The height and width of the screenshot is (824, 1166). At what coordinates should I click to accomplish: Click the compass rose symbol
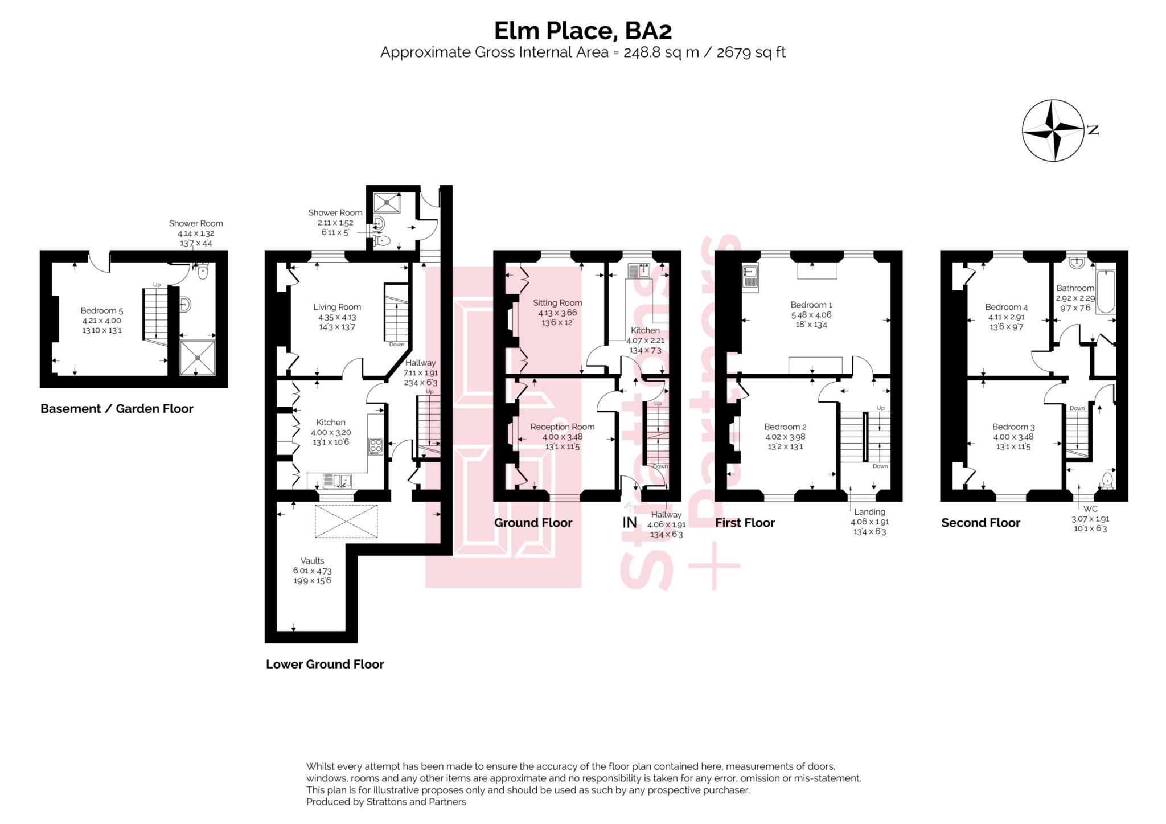1052,130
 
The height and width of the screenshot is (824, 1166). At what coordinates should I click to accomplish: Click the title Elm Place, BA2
582,31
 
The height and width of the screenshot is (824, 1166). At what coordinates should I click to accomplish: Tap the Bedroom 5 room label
101,310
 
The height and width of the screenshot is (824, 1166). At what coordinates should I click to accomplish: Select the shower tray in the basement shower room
198,358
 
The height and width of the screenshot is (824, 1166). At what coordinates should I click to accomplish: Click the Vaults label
312,560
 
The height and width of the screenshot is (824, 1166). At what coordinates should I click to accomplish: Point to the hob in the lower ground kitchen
375,446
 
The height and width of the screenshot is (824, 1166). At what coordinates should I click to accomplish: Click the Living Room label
337,307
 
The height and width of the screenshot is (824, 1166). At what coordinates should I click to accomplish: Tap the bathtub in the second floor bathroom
1105,292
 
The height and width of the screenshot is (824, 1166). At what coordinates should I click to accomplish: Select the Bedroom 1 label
811,305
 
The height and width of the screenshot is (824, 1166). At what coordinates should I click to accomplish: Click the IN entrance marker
629,522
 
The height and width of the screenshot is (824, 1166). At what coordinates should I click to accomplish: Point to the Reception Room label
562,427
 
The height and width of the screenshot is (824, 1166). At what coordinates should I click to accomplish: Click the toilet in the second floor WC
1107,481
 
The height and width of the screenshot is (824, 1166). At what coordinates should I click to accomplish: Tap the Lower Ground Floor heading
325,664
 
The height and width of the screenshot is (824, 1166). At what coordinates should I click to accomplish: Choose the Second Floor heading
980,523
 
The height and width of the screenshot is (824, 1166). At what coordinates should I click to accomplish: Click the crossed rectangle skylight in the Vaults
346,521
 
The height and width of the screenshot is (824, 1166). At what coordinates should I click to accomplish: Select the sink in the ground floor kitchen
639,270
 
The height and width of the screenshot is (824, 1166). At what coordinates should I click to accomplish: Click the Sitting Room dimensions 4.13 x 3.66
557,313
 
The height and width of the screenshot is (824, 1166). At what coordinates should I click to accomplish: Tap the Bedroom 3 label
1013,427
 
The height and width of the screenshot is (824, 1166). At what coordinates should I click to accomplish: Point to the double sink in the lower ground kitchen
337,481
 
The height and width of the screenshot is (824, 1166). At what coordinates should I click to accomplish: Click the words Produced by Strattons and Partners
386,802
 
